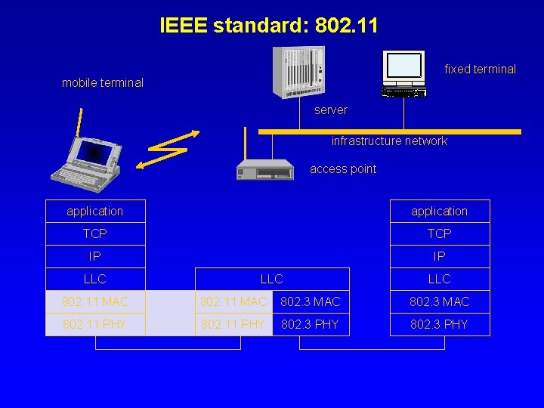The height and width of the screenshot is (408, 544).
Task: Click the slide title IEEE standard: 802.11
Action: point(269,26)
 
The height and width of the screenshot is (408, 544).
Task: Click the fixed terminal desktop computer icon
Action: point(403,73)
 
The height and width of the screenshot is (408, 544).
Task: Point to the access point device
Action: point(264,169)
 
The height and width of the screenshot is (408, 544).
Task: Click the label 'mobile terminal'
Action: point(103,83)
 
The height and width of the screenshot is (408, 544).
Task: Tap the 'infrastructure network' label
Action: point(389,141)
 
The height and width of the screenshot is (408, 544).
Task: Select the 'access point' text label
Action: point(343,169)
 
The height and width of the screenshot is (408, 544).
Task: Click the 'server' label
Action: point(331,110)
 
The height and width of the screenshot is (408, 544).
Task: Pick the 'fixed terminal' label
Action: point(480,70)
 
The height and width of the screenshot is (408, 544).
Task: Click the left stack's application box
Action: point(95,212)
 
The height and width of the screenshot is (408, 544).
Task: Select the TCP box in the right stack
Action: point(440,234)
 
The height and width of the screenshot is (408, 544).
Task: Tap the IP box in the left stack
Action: point(95,257)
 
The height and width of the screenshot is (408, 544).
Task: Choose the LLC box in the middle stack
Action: point(272,280)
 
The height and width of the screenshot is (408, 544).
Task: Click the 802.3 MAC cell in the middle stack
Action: point(311,302)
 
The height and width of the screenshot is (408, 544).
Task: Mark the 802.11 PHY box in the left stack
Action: point(95,325)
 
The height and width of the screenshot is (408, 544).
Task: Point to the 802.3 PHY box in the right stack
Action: point(440,325)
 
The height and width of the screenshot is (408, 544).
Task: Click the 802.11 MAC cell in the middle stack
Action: point(233,302)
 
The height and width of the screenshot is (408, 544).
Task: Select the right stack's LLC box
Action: point(440,280)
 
